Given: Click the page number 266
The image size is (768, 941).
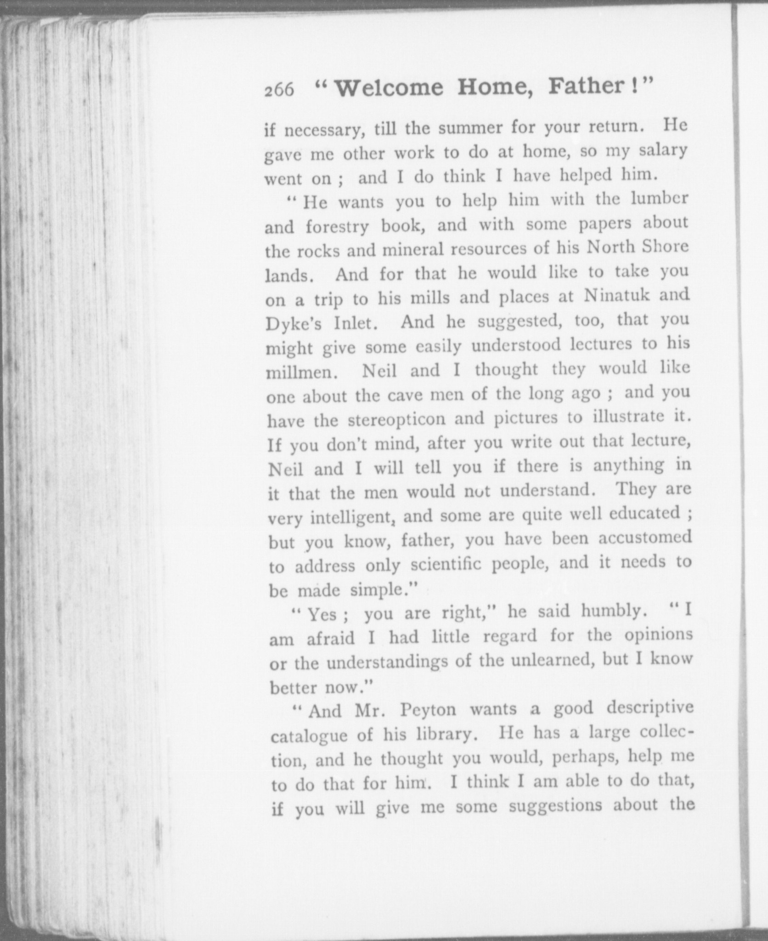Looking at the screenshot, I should point(279,90).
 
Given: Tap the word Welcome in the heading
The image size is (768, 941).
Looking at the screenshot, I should point(390,88).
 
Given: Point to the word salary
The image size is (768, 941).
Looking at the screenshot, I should point(661,150).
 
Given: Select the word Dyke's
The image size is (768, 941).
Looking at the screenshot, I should point(294,324).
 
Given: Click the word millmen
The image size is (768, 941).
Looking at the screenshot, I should point(301,372).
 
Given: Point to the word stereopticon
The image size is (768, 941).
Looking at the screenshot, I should point(396,419).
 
